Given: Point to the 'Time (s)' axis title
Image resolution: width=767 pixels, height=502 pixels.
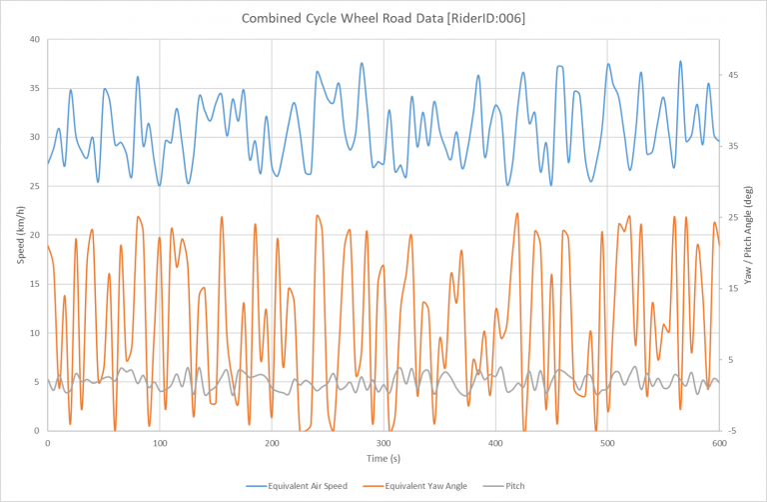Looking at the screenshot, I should point(383,458).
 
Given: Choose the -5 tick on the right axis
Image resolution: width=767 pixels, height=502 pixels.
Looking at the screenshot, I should point(732,431).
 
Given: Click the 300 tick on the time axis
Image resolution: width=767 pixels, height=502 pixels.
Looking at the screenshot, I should point(383,442).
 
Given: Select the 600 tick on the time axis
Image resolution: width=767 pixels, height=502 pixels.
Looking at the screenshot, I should point(718,442).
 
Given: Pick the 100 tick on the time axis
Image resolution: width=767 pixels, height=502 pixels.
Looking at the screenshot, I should point(160,442).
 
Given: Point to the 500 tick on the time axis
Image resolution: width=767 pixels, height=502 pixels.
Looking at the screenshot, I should point(606,442).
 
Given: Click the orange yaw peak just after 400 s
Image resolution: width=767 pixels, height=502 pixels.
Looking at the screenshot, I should point(517,213).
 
